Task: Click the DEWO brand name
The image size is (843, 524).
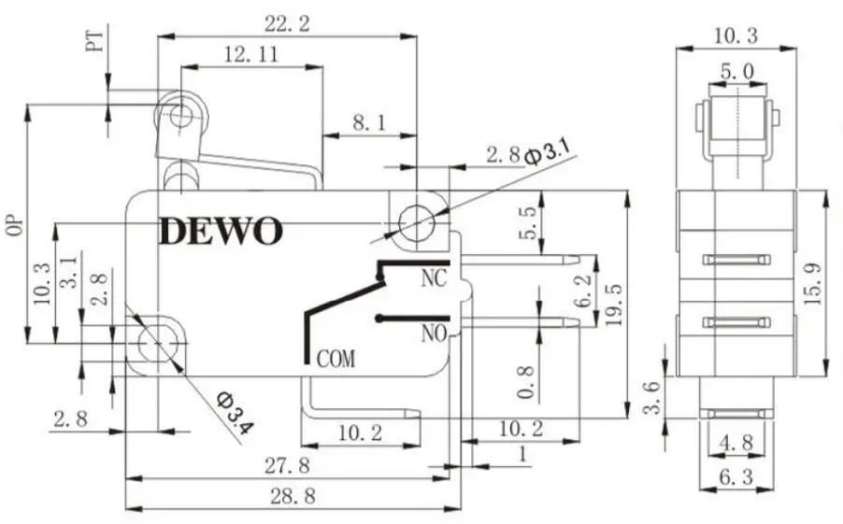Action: pyautogui.click(x=220, y=231)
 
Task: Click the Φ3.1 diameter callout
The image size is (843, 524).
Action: pyautogui.click(x=546, y=150)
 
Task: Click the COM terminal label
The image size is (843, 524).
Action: pyautogui.click(x=336, y=358)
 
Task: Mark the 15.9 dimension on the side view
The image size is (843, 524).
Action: pyautogui.click(x=812, y=281)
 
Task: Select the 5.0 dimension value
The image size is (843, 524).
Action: pyautogui.click(x=736, y=70)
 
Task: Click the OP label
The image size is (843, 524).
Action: pyautogui.click(x=13, y=229)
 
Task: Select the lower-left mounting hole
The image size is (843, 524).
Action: pyautogui.click(x=155, y=344)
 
